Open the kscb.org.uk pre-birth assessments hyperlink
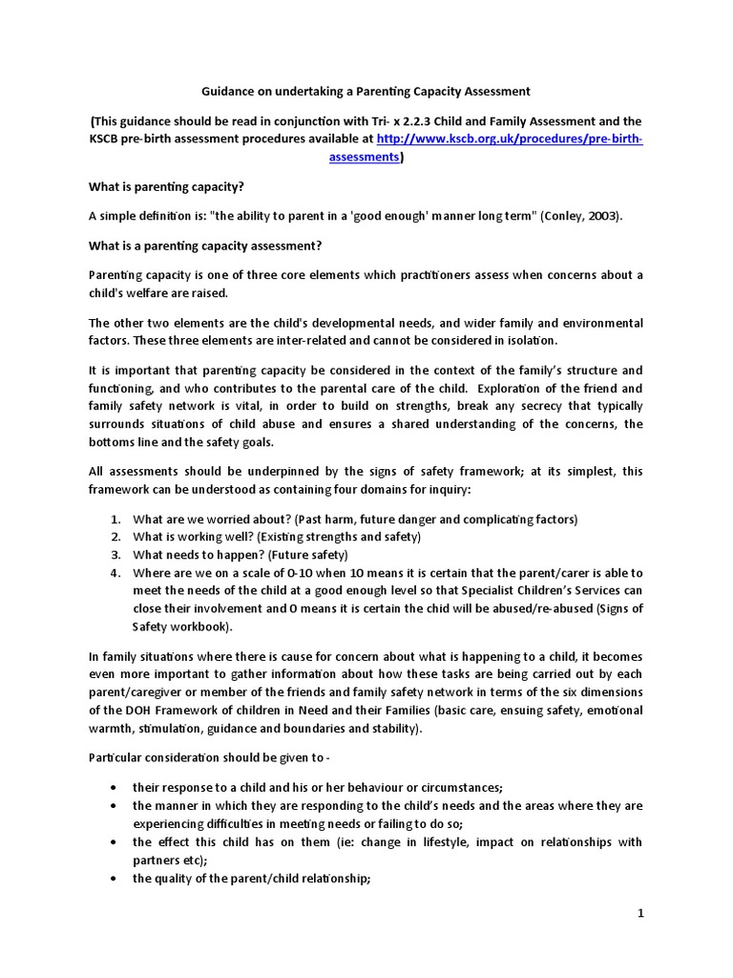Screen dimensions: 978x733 pos(510,139)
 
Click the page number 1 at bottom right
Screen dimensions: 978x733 pos(641,913)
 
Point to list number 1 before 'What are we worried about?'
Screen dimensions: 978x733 pos(115,519)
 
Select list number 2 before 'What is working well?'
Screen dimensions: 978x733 pos(115,537)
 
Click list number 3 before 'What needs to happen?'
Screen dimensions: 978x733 pos(115,555)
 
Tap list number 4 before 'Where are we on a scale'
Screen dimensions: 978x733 pos(115,573)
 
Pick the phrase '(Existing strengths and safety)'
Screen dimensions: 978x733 pos(343,537)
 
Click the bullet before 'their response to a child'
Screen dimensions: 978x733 pos(115,787)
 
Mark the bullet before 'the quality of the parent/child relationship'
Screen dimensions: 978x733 pos(115,879)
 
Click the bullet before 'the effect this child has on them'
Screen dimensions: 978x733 pos(115,842)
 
